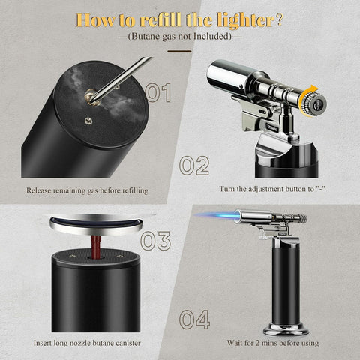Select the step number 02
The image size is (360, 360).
pos(193,165)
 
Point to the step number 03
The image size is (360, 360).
pos(155,240)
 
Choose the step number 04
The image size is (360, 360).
pos(193,320)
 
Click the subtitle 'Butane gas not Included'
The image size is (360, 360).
pos(180,36)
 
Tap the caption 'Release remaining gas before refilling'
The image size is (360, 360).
pos(87,190)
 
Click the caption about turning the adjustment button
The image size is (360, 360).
pos(271,190)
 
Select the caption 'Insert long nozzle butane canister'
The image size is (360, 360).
pos(87,343)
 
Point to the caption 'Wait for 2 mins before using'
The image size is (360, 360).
pos(273,343)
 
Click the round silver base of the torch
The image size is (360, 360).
pos(286,328)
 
